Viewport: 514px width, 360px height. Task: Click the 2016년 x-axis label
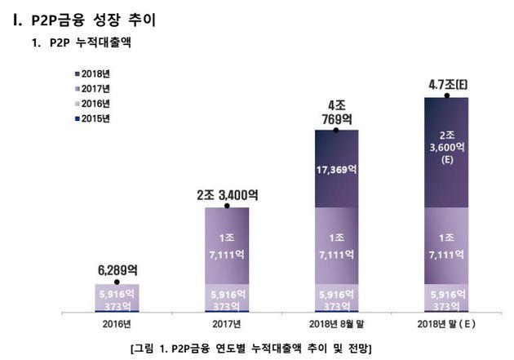(117, 325)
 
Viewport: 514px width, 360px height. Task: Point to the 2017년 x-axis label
(227, 325)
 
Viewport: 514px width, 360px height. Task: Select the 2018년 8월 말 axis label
(335, 325)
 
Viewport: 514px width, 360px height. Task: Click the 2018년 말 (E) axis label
(445, 325)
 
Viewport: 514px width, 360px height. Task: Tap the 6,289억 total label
(117, 269)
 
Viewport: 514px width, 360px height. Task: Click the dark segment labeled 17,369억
(335, 169)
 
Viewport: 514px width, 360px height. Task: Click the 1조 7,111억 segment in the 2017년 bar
(227, 244)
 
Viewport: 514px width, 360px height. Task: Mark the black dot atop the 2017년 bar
(227, 207)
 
